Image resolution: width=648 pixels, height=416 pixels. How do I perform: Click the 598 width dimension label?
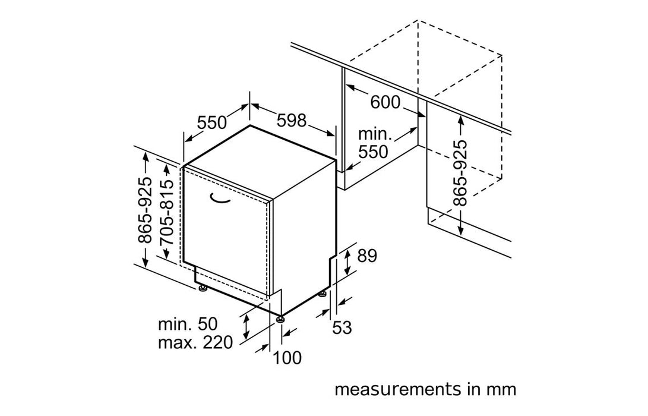[x=292, y=121]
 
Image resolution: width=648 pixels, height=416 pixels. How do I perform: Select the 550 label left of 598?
[x=213, y=123]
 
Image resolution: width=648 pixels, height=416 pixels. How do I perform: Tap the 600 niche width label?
[x=385, y=102]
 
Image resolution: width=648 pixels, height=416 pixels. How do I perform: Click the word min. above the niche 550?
[x=374, y=134]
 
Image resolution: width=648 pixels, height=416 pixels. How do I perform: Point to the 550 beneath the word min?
[x=373, y=152]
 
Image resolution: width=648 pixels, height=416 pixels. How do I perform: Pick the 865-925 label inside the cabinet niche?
[x=460, y=173]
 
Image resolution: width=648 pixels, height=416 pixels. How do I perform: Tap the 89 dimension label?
[x=366, y=256]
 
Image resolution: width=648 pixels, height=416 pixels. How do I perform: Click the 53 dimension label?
[x=342, y=327]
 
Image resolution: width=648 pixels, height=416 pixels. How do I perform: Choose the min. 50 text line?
[x=188, y=324]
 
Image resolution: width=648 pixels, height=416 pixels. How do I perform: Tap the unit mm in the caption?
[x=502, y=390]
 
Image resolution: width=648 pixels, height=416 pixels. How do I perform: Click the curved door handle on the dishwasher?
[x=220, y=200]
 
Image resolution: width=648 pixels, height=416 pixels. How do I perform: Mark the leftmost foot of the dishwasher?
[x=203, y=289]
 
